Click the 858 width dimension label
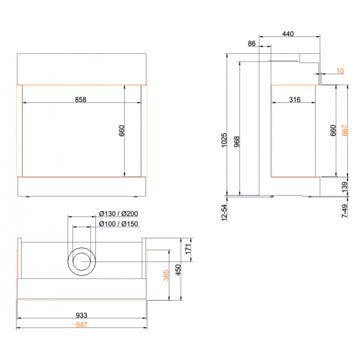click(81, 100)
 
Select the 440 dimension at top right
click(288, 34)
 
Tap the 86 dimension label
click(251, 43)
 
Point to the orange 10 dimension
click(340, 71)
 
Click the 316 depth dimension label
click(295, 100)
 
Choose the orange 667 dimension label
click(344, 130)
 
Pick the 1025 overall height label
click(224, 140)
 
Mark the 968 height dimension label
click(236, 141)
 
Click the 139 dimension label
click(344, 187)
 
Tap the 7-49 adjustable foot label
click(344, 211)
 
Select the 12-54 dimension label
click(224, 213)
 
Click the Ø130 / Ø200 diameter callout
click(119, 214)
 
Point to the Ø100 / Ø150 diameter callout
click(119, 224)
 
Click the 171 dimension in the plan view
click(188, 249)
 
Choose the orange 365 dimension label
click(166, 275)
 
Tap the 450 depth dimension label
click(178, 270)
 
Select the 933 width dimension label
click(81, 315)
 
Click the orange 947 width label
click(81, 325)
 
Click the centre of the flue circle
click(82, 261)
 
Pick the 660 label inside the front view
click(121, 131)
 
